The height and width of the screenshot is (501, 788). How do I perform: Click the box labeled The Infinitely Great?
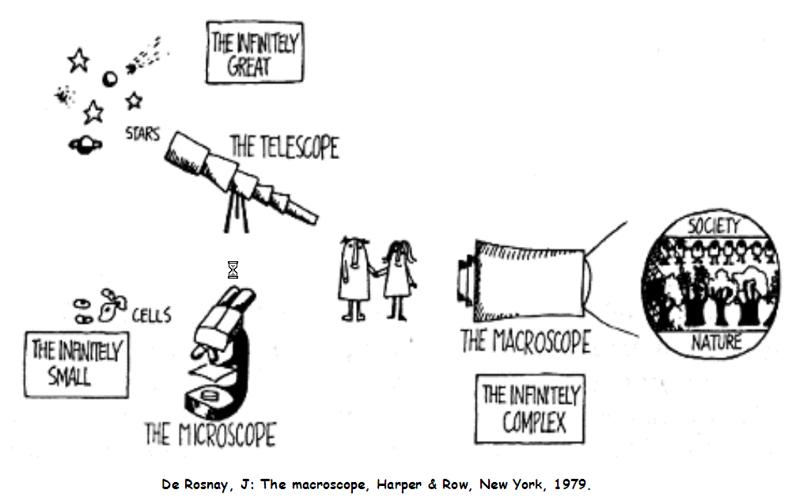pos(255,51)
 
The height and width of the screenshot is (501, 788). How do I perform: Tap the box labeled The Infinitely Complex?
pos(530,408)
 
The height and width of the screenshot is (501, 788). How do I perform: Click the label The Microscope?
pos(210,435)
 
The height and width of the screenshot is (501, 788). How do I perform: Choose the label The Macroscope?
pos(525,342)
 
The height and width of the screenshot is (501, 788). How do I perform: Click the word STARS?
pos(142,134)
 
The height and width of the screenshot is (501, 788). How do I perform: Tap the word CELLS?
pos(150,316)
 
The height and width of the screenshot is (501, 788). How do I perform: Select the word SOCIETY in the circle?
pos(713,226)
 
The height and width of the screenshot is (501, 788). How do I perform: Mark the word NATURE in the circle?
pos(716,342)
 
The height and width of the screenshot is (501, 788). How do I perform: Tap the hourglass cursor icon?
pos(233,271)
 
